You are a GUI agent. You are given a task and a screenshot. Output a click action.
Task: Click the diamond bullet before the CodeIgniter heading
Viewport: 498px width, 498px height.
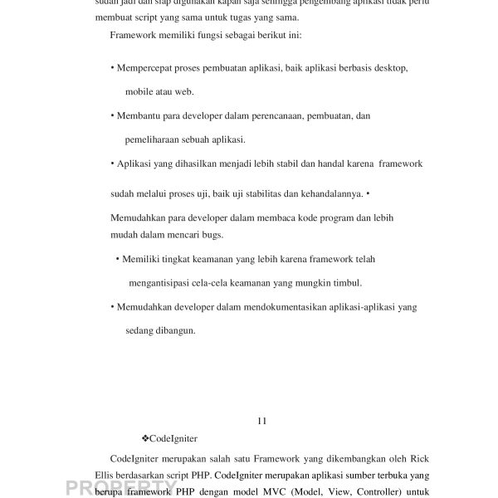(x=146, y=438)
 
